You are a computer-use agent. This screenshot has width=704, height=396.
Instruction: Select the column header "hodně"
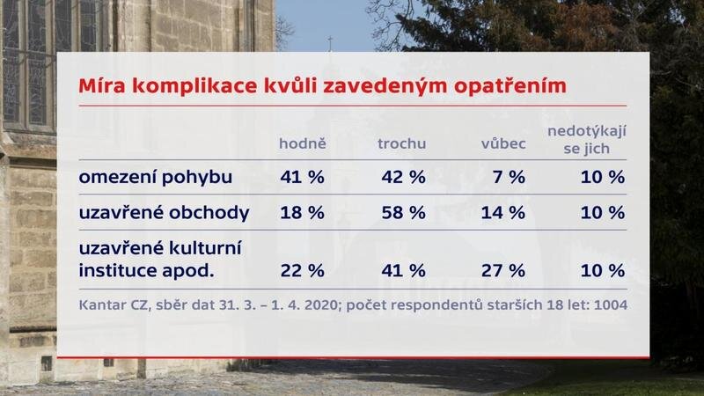[303, 143]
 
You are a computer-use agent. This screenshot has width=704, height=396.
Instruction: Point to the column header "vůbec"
[502, 143]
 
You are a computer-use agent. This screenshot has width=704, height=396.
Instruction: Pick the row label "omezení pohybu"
[156, 177]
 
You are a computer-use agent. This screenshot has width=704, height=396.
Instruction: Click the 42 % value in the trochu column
[404, 177]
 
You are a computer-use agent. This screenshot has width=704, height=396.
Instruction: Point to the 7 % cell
[509, 177]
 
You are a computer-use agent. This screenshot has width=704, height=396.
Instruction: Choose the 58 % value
[404, 213]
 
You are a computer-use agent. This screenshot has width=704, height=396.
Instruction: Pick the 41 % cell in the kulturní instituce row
[404, 269]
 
